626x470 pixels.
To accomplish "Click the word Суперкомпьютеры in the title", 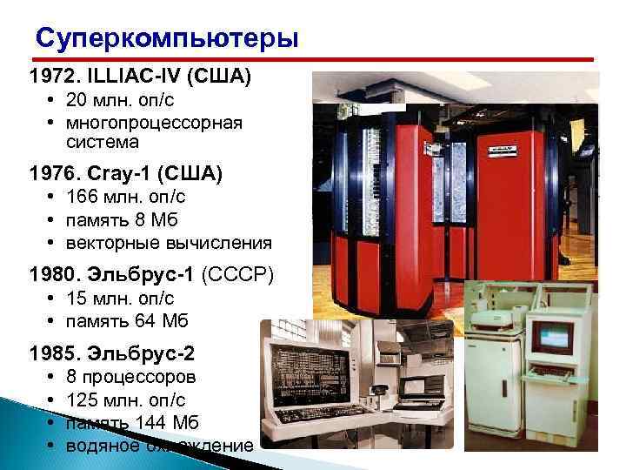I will coord(166,39).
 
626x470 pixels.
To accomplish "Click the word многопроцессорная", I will coord(153,122).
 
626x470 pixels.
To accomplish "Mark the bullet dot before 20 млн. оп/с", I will coord(53,100).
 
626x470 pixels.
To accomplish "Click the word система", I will coord(101,141).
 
